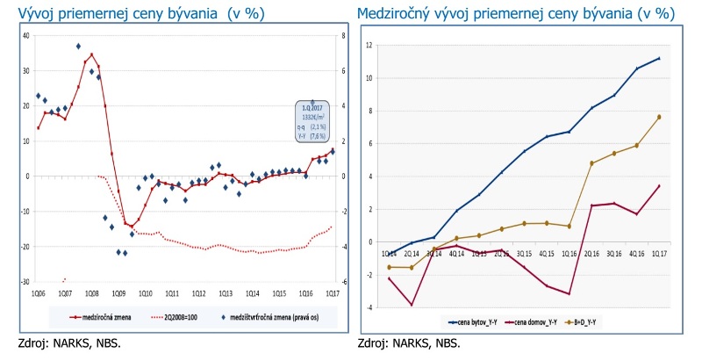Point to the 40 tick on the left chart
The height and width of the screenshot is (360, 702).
pyautogui.click(x=25, y=36)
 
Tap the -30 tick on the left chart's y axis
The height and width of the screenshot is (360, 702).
pyautogui.click(x=25, y=283)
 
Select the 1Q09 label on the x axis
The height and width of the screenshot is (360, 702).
pyautogui.click(x=118, y=293)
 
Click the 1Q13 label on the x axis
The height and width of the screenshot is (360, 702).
pyautogui.click(x=226, y=293)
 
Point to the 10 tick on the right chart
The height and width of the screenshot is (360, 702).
pyautogui.click(x=371, y=78)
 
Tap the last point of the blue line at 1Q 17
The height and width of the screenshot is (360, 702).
pyautogui.click(x=659, y=58)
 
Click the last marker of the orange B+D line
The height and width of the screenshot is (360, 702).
pyautogui.click(x=659, y=117)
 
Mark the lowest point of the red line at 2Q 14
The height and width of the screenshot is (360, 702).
pyautogui.click(x=412, y=305)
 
